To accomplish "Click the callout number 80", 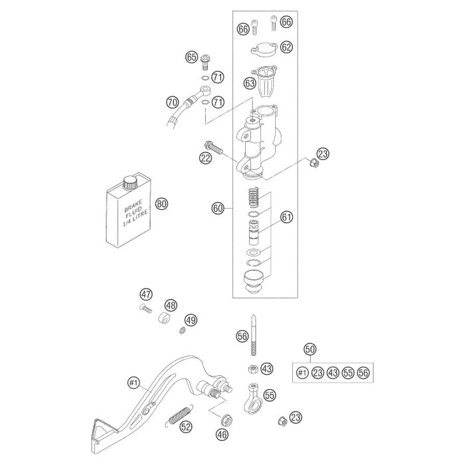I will point(159,204).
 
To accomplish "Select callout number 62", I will point(286,46).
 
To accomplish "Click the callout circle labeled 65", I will point(191,58).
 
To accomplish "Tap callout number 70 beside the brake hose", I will point(172,102).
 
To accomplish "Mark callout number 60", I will point(217,209).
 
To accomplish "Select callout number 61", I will point(286,217).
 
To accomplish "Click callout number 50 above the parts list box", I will point(310,349).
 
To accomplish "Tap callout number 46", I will point(221,435).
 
